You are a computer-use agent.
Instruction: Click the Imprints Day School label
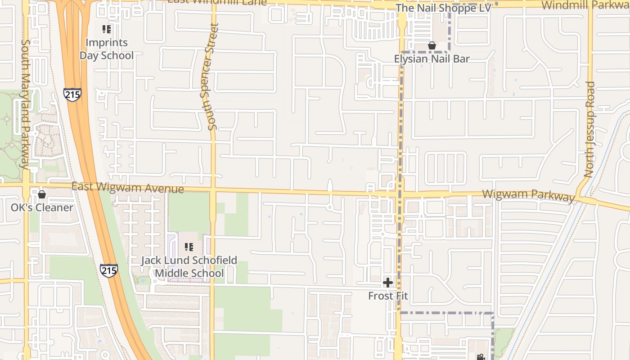point(107,49)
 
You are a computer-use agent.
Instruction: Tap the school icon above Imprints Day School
point(107,30)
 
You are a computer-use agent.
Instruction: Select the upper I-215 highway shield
point(72,95)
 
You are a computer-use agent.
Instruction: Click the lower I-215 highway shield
point(108,270)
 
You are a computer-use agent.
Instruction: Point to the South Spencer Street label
point(213,76)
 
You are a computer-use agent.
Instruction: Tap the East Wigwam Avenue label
point(128,187)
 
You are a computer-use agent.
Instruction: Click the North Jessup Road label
point(589,129)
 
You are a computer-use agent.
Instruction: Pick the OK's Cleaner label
point(42,207)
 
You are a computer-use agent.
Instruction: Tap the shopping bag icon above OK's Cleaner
point(42,194)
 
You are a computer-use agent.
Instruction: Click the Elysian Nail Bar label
point(432,58)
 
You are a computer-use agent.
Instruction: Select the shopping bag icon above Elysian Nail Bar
point(432,45)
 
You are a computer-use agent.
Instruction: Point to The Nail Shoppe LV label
point(443,8)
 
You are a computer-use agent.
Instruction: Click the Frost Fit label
point(388,296)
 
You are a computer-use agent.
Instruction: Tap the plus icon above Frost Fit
point(388,283)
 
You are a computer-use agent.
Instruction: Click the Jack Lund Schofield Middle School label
point(189,267)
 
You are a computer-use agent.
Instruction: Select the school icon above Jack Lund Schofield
point(189,247)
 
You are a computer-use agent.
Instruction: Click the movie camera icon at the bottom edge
point(481,357)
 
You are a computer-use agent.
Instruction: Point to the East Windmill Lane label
point(217,2)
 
